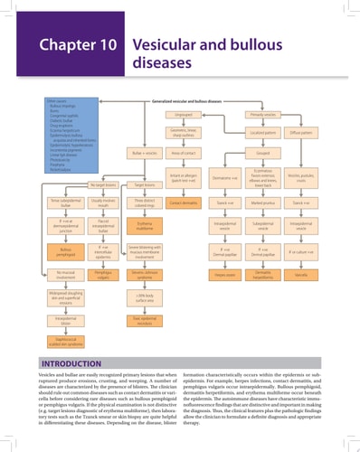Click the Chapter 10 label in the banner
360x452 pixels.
[79, 44]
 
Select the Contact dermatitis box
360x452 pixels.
[185, 203]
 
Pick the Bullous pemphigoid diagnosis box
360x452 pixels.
[66, 249]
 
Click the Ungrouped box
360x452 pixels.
[185, 116]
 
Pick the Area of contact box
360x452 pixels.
[185, 154]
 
